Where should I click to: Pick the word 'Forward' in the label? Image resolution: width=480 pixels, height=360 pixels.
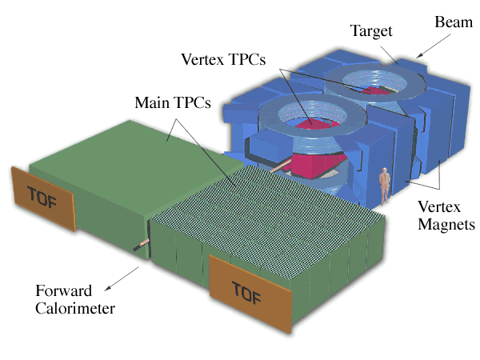tap(62, 290)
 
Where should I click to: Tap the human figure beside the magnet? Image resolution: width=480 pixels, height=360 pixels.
tap(384, 185)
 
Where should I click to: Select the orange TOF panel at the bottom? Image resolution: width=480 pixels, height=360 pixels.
tap(248, 290)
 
